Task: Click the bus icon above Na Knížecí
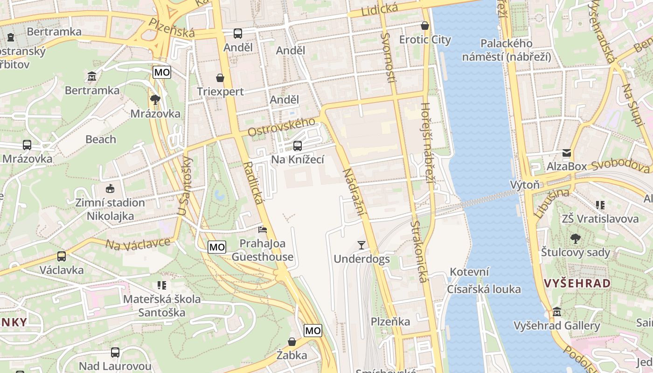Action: pyautogui.click(x=298, y=146)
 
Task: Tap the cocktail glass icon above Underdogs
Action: pyautogui.click(x=361, y=245)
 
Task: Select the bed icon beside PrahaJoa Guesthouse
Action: pyautogui.click(x=263, y=229)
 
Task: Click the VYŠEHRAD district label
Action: pyautogui.click(x=577, y=283)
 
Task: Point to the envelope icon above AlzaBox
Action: pyautogui.click(x=567, y=152)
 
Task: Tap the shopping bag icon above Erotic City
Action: pyautogui.click(x=424, y=26)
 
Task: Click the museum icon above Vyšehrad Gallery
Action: pyautogui.click(x=556, y=311)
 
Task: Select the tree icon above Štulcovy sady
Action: pyautogui.click(x=576, y=239)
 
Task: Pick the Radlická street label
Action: pyautogui.click(x=252, y=183)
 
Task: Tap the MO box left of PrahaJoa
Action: pyautogui.click(x=217, y=247)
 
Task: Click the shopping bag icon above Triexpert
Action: pyautogui.click(x=220, y=77)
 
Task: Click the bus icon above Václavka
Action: pyautogui.click(x=61, y=256)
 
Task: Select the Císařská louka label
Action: pyautogui.click(x=484, y=289)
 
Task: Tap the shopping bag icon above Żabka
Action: pyautogui.click(x=292, y=342)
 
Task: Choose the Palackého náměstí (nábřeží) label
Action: pyautogui.click(x=506, y=50)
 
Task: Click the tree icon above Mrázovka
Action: pyautogui.click(x=155, y=99)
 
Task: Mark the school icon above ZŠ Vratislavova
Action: pyautogui.click(x=600, y=205)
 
